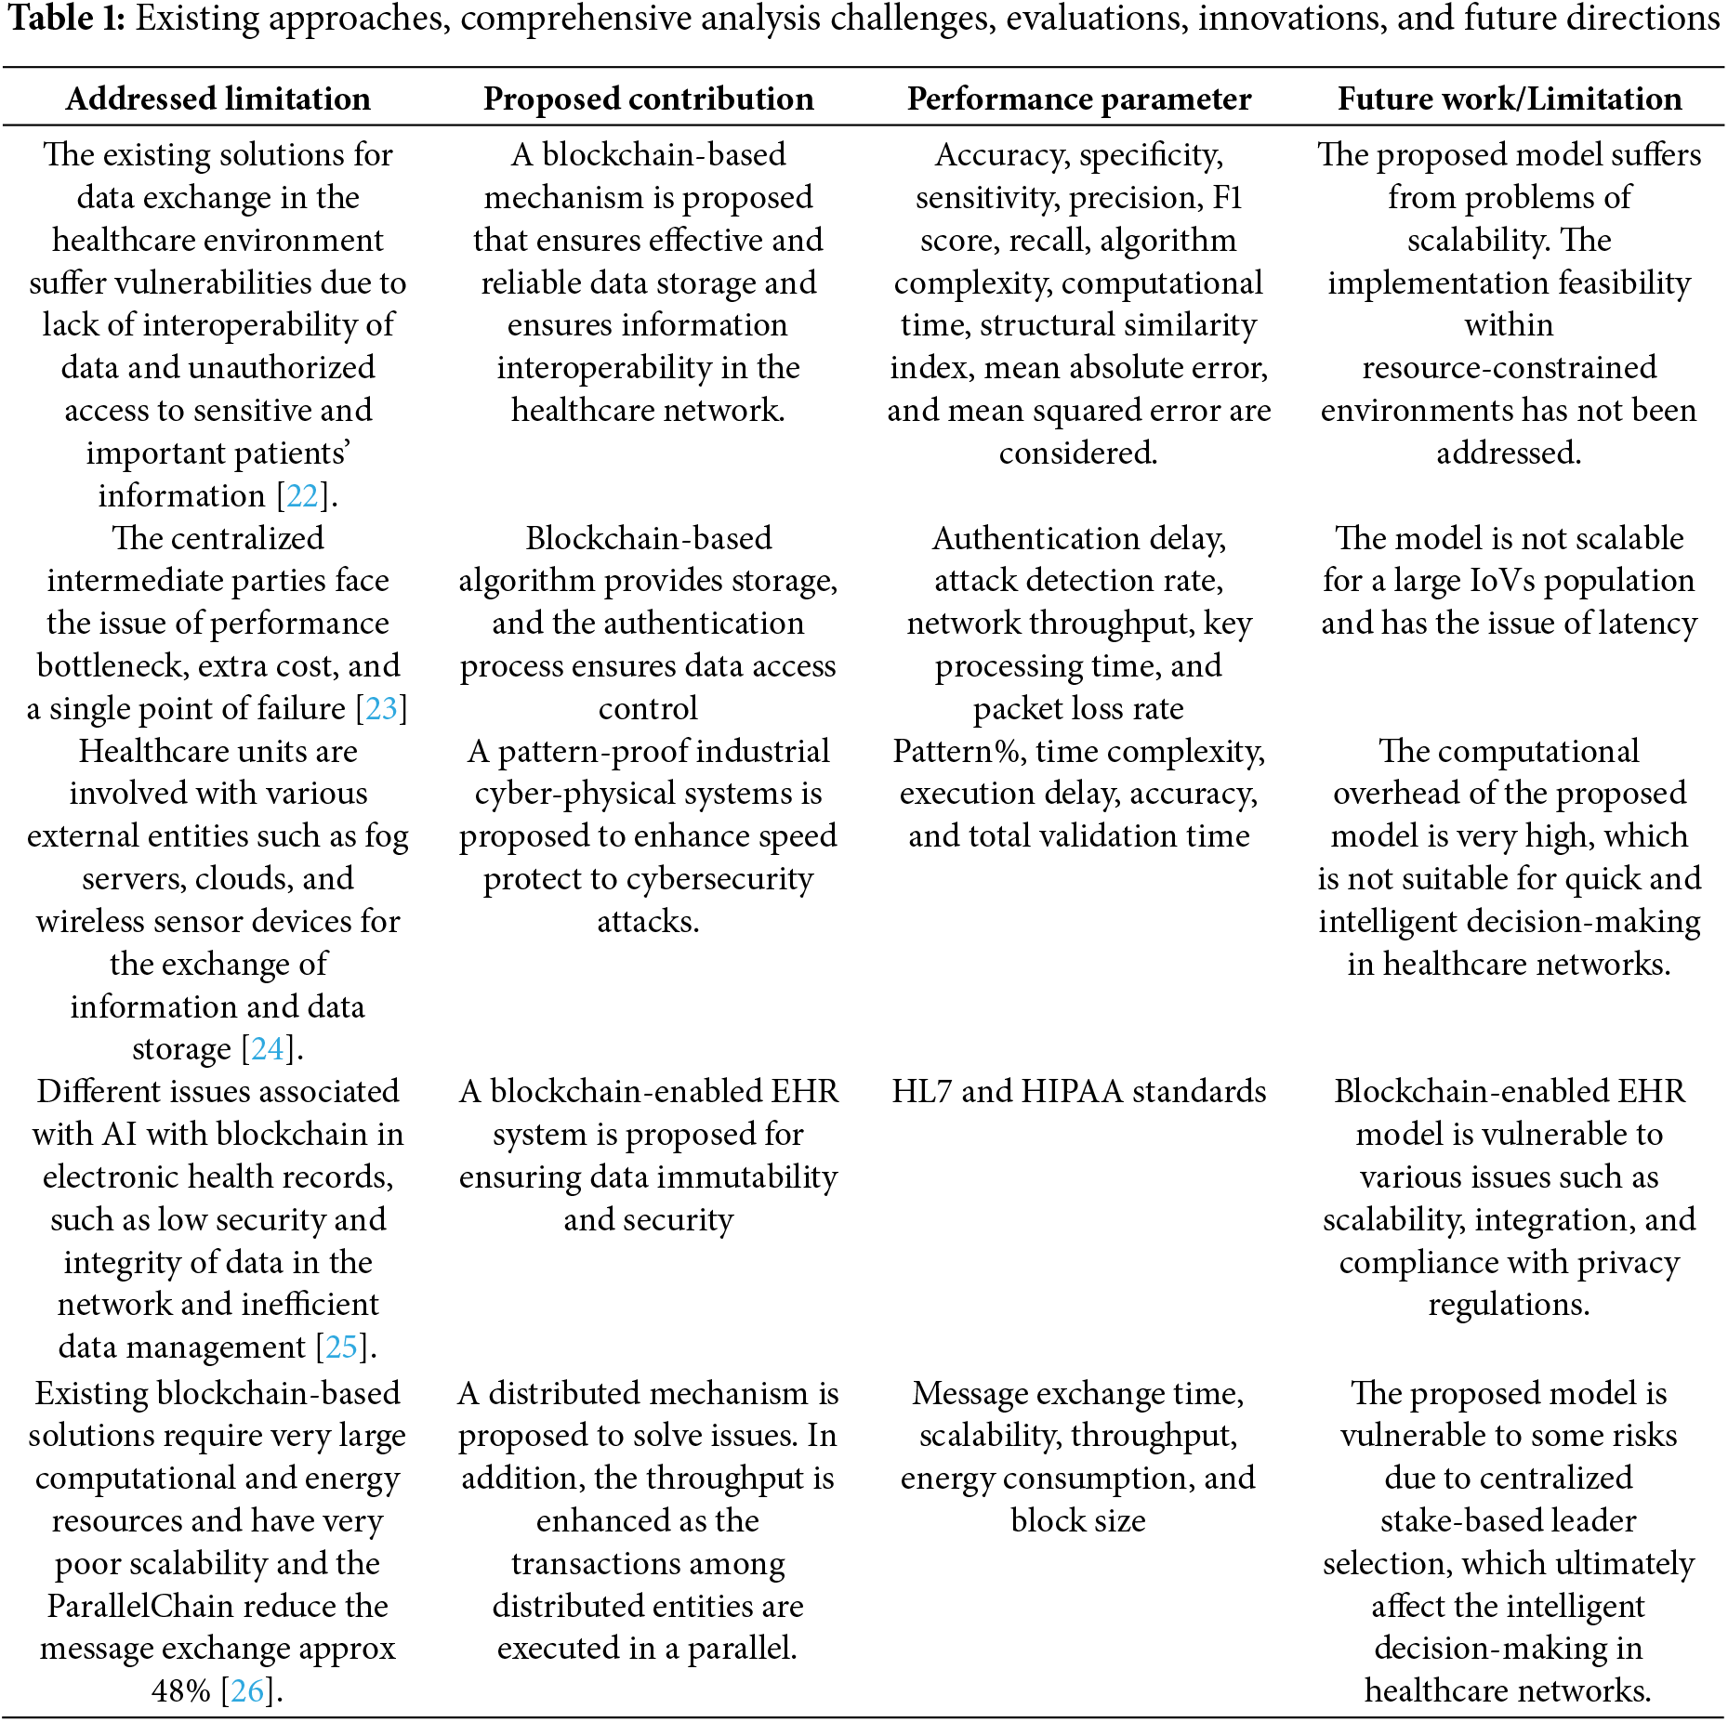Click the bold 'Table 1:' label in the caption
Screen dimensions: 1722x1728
pyautogui.click(x=65, y=19)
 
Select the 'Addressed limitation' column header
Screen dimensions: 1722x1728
pyautogui.click(x=218, y=99)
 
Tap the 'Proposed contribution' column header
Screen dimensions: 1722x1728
pyautogui.click(x=648, y=99)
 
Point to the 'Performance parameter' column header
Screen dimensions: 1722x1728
pyautogui.click(x=1078, y=99)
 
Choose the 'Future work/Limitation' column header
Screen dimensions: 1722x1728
pyautogui.click(x=1509, y=99)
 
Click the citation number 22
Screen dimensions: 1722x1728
pyautogui.click(x=303, y=495)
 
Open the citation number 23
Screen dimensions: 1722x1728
pyautogui.click(x=381, y=708)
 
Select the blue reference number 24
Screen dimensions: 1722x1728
pyautogui.click(x=268, y=1048)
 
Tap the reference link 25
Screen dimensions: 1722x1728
pyautogui.click(x=341, y=1347)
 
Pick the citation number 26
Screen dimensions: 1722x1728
pyautogui.click(x=247, y=1690)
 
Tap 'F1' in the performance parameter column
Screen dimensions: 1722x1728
pyautogui.click(x=1227, y=197)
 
